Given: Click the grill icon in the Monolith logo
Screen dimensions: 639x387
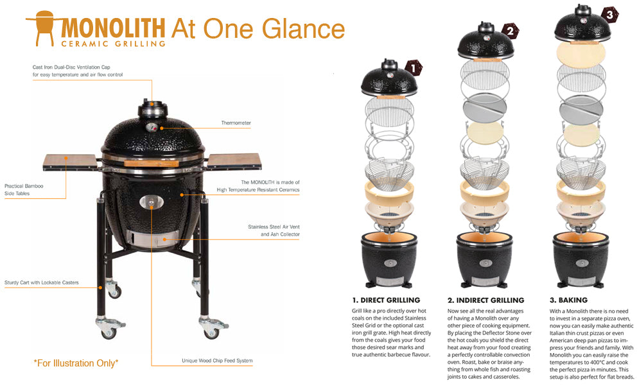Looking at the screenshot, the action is coord(44,28).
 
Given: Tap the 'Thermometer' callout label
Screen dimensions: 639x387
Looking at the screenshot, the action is coord(236,123).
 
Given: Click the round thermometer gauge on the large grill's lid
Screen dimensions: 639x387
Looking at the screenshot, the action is coord(152,127).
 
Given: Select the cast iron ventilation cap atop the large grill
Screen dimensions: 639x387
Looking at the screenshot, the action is coord(152,108).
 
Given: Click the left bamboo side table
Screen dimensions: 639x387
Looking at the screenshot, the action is coord(70,162).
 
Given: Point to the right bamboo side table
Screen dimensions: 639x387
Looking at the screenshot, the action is coord(234,161).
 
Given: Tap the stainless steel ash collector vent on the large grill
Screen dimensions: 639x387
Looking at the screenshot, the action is coord(152,239).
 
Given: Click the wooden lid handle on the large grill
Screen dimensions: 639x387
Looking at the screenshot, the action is coord(151,164).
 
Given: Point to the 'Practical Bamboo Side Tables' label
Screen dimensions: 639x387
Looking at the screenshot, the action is coord(24,190).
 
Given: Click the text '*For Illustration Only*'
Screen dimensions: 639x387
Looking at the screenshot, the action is coord(76,363).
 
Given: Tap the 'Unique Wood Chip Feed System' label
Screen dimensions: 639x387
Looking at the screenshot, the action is coord(217,361).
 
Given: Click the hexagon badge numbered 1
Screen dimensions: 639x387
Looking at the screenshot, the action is coord(414,68).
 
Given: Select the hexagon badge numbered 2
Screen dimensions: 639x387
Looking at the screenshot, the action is coord(510,31).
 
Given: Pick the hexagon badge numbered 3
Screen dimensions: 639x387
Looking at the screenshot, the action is coord(609,15).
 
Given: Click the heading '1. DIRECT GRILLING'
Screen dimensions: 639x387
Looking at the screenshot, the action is coord(386,300).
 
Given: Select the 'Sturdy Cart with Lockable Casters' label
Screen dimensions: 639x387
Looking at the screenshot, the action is coord(42,282).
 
